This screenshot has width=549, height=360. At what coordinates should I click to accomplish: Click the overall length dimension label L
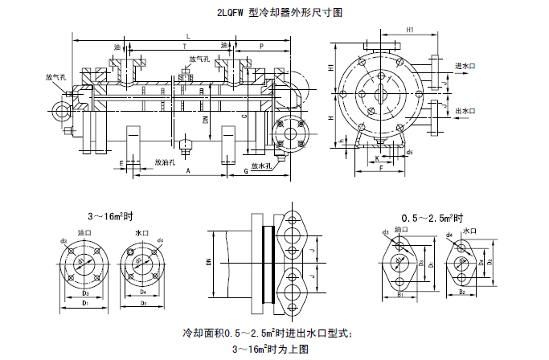(187, 37)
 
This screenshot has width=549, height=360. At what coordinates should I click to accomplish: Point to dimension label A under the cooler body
(187, 171)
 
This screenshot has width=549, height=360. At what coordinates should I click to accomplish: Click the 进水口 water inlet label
(467, 66)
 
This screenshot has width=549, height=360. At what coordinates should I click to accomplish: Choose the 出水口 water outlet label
(467, 111)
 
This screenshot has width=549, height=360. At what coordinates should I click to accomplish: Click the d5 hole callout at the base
(410, 151)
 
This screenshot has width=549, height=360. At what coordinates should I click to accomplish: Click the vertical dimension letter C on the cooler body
(244, 117)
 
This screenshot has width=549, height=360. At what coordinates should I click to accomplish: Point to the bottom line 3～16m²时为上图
(270, 349)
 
